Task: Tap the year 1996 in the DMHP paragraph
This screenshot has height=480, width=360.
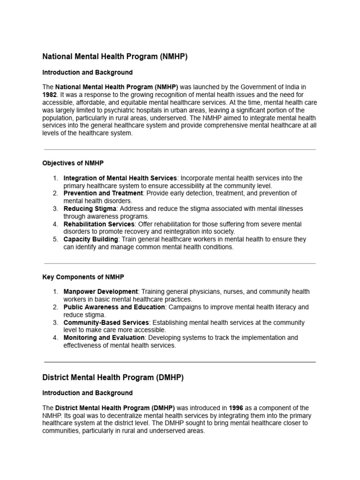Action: [x=237, y=408]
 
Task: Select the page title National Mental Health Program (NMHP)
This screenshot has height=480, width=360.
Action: [x=115, y=57]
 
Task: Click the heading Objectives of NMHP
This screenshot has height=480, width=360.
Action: [x=73, y=163]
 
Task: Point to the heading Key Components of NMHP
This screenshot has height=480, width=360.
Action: [x=83, y=277]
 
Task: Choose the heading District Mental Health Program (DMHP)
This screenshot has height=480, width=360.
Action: [x=112, y=377]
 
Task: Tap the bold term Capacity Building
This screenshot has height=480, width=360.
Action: [x=90, y=239]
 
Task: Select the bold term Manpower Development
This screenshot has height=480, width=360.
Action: [x=100, y=292]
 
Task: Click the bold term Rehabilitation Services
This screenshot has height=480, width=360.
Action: [x=99, y=224]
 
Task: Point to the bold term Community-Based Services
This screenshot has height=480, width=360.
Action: [x=106, y=322]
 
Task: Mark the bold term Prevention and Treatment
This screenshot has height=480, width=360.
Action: [x=103, y=193]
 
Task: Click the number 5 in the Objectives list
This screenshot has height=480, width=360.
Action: [x=54, y=239]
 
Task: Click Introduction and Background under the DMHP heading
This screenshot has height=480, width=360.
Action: [x=87, y=393]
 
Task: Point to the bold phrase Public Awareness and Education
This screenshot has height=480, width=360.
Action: [x=114, y=307]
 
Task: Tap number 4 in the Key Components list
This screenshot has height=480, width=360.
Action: [x=54, y=337]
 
